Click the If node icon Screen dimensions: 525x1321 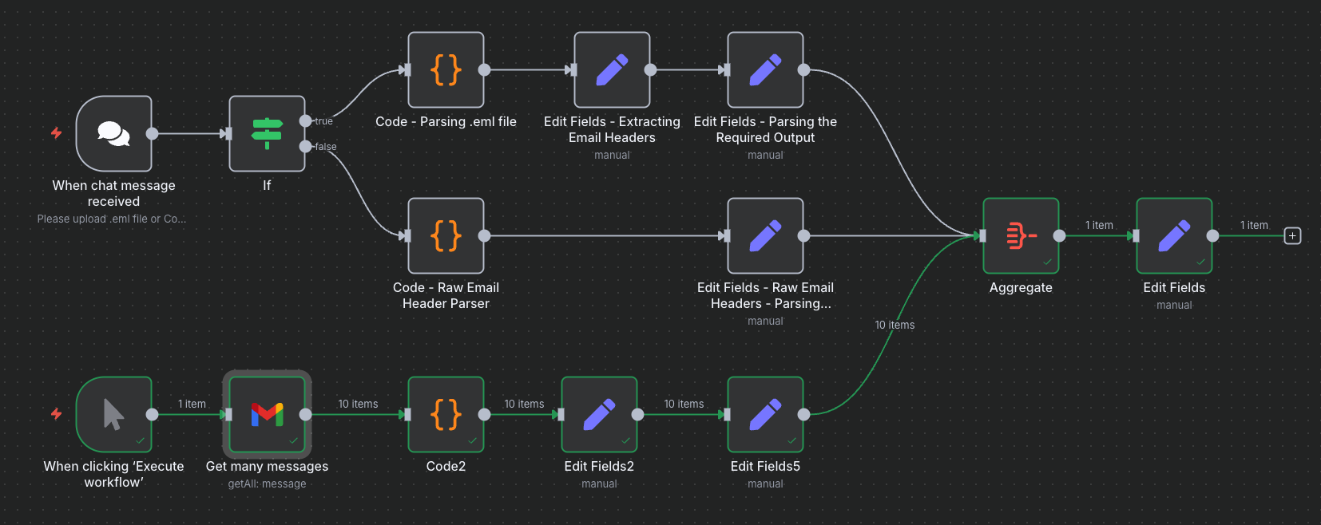(267, 133)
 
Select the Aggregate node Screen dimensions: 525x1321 (1021, 235)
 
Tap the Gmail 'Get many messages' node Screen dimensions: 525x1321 (267, 414)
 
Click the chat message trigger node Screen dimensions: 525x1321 (113, 133)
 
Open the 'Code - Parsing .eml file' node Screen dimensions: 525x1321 (446, 69)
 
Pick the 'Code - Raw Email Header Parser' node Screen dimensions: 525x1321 (446, 235)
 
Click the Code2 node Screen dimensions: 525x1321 (446, 414)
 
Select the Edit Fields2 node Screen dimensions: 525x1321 (599, 414)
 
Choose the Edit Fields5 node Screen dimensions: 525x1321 (765, 414)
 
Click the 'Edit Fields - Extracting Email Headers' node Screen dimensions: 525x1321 (612, 69)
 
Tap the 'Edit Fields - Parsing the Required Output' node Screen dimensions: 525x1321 (765, 69)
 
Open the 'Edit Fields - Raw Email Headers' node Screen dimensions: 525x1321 (765, 235)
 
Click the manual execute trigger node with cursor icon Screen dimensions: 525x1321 (113, 414)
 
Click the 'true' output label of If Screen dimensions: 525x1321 (323, 121)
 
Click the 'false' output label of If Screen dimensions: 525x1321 (325, 147)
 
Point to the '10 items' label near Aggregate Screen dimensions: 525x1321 (895, 325)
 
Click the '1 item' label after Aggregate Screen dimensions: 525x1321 (1099, 225)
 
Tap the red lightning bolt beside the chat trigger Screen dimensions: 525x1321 (56, 132)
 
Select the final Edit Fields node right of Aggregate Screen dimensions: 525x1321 (1174, 235)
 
